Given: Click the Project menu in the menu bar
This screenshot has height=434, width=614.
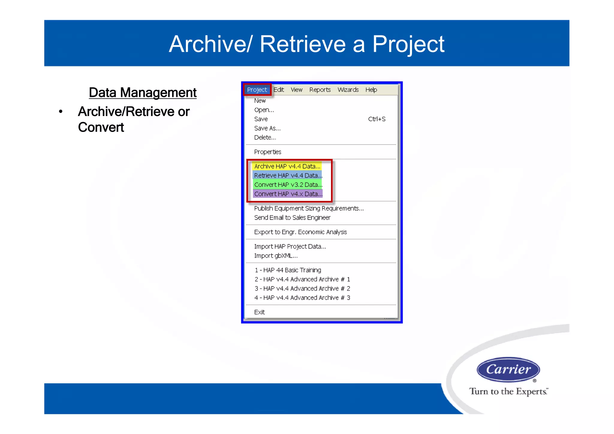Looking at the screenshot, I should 257,90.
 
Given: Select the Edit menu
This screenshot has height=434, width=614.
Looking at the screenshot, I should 279,90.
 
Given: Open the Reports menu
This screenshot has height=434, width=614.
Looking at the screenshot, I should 320,90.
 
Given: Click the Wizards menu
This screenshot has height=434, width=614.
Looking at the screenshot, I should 348,90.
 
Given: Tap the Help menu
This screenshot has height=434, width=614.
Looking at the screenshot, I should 371,90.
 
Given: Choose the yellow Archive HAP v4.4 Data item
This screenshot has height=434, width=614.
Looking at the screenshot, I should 287,166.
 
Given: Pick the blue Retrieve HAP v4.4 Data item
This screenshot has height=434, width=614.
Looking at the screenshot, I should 288,175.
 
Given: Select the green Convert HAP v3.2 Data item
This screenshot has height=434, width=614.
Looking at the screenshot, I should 288,185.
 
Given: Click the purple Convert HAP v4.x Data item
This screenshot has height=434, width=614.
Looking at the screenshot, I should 288,194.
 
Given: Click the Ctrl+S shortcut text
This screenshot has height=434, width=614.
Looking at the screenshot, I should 377,119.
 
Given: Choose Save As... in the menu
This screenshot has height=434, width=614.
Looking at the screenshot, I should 267,128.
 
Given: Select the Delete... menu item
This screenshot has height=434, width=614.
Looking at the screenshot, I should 265,138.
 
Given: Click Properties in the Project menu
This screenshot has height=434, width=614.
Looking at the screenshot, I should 267,152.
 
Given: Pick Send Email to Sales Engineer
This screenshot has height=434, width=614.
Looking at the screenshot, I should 292,218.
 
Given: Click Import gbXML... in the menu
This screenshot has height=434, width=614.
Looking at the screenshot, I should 276,256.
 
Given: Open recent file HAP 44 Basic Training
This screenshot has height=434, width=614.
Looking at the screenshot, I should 288,270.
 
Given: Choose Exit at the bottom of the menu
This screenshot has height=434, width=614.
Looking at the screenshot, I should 259,312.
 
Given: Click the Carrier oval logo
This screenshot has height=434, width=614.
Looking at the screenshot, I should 508,370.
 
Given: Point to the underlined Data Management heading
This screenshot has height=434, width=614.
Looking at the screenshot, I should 143,92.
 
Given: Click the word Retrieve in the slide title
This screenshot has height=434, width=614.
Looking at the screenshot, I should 303,44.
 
